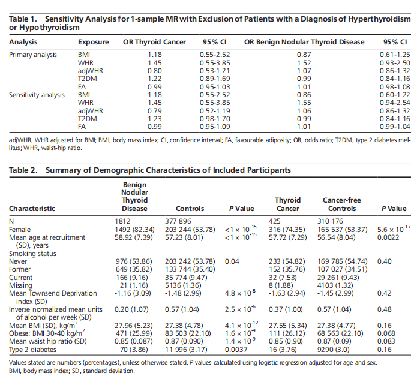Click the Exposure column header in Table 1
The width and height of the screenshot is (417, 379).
click(x=94, y=42)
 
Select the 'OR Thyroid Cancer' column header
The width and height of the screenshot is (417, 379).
click(x=154, y=42)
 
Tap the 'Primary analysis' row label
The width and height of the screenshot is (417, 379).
click(x=33, y=55)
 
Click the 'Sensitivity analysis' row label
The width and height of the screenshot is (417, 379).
click(x=37, y=95)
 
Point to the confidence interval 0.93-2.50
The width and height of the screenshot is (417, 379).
click(x=395, y=63)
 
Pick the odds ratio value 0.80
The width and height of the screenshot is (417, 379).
click(x=155, y=71)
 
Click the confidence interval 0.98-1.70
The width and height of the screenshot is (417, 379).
click(x=215, y=119)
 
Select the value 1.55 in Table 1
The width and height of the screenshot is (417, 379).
click(x=304, y=103)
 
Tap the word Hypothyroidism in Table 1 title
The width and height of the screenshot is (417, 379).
click(x=49, y=28)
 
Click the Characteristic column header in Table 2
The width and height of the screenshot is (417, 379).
click(x=32, y=209)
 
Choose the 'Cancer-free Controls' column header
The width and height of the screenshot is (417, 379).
click(x=342, y=204)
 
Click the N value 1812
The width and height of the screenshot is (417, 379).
click(x=122, y=221)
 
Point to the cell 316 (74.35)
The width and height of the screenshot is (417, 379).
click(x=287, y=230)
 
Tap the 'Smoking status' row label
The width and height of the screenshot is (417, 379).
click(x=33, y=254)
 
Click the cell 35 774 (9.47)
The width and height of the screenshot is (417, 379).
click(x=186, y=278)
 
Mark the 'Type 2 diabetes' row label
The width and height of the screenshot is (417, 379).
click(x=33, y=350)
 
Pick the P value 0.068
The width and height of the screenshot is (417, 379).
click(x=386, y=333)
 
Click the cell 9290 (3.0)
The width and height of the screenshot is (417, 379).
click(x=333, y=350)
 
